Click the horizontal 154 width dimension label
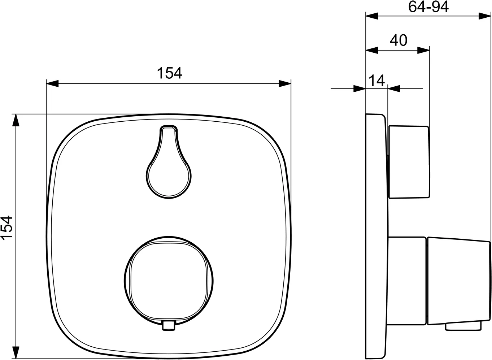coord(170,73)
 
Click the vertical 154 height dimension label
coord(6,228)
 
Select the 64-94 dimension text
coord(428,7)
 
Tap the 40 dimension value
coord(399,40)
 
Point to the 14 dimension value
coord(377,81)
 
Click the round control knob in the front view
coord(169,282)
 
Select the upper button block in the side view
coord(409,162)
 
